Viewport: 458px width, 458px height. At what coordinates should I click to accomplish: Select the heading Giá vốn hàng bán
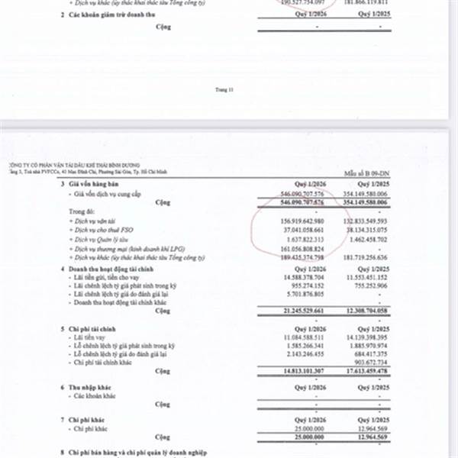tap(95, 186)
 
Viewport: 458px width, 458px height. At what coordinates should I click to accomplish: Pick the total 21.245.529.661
tap(302, 311)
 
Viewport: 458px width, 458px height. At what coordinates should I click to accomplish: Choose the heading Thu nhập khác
tap(92, 388)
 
